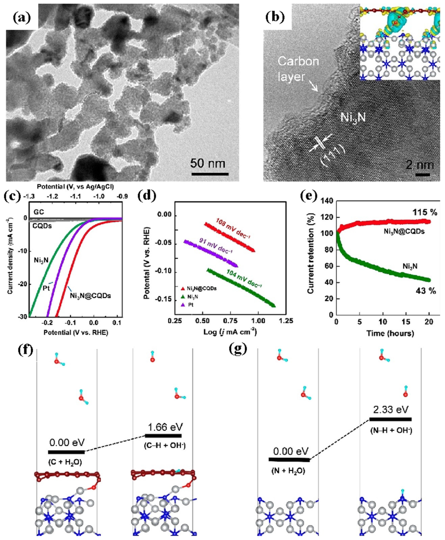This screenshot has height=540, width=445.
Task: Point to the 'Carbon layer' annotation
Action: [298, 69]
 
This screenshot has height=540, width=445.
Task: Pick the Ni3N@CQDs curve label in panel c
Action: [90, 296]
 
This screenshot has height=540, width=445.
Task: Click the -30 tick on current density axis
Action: [23, 317]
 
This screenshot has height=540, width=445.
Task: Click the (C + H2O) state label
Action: [65, 462]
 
